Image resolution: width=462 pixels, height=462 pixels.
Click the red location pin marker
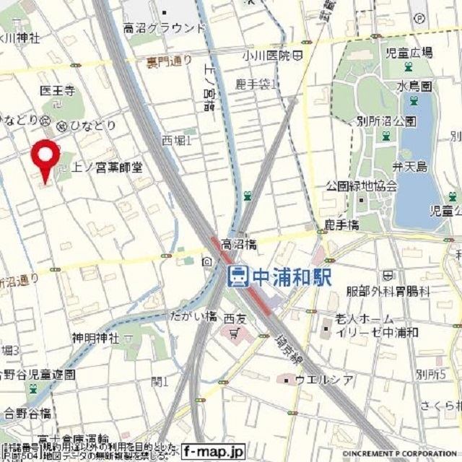coord(47,158)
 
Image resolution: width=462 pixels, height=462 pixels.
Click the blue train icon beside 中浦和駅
coord(237,276)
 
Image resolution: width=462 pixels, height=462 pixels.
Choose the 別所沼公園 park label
coord(386,121)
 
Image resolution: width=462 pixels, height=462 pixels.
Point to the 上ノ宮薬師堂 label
coord(106,167)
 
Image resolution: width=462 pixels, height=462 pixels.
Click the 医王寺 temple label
coord(58,91)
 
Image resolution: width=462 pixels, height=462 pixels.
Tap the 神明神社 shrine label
coord(95,338)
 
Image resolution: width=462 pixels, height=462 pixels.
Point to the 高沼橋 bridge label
coord(239,245)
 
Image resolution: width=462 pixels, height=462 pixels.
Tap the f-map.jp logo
coord(213,452)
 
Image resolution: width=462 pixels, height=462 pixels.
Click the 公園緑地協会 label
coord(361,186)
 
